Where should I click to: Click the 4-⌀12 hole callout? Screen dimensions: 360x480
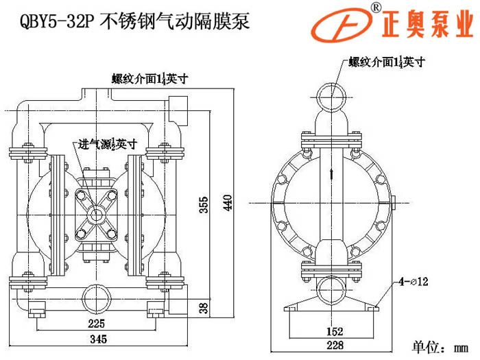coord(413,281)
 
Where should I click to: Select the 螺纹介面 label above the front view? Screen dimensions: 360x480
coord(149,78)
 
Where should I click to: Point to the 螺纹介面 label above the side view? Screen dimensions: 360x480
coord(387,62)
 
